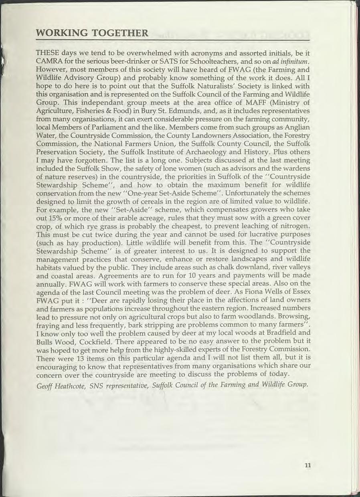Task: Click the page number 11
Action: coord(308,465)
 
